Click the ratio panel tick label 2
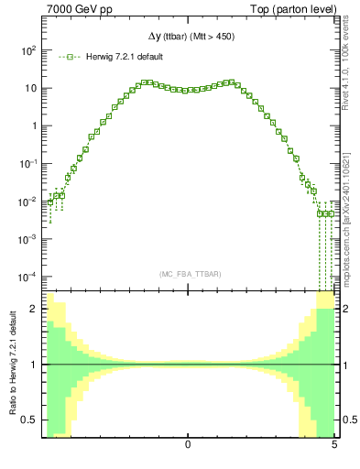(36, 310)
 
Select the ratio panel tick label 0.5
(32, 420)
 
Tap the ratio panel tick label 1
(36, 365)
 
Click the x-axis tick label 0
(188, 445)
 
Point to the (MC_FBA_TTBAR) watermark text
(189, 274)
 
